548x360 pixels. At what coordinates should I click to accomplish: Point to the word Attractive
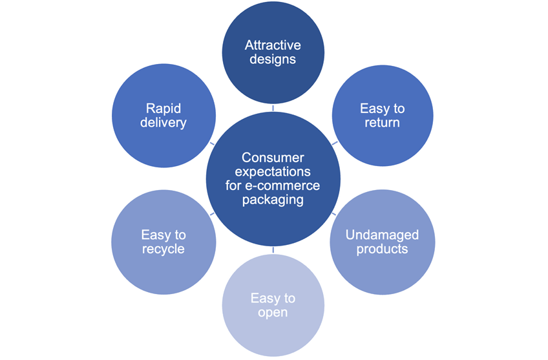273,46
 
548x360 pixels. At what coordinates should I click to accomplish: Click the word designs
273,59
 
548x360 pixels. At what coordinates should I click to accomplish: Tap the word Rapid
163,109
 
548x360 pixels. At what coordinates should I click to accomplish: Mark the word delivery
163,122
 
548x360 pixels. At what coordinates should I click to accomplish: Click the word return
382,122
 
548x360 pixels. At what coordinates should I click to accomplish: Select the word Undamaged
382,235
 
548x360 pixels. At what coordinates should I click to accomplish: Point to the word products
382,249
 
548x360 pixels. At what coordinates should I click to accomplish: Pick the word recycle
163,249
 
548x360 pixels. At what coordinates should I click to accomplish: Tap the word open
273,313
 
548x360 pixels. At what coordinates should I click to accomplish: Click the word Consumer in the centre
273,158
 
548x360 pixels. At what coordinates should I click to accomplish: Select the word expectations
273,172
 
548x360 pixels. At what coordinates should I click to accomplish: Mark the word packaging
273,200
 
